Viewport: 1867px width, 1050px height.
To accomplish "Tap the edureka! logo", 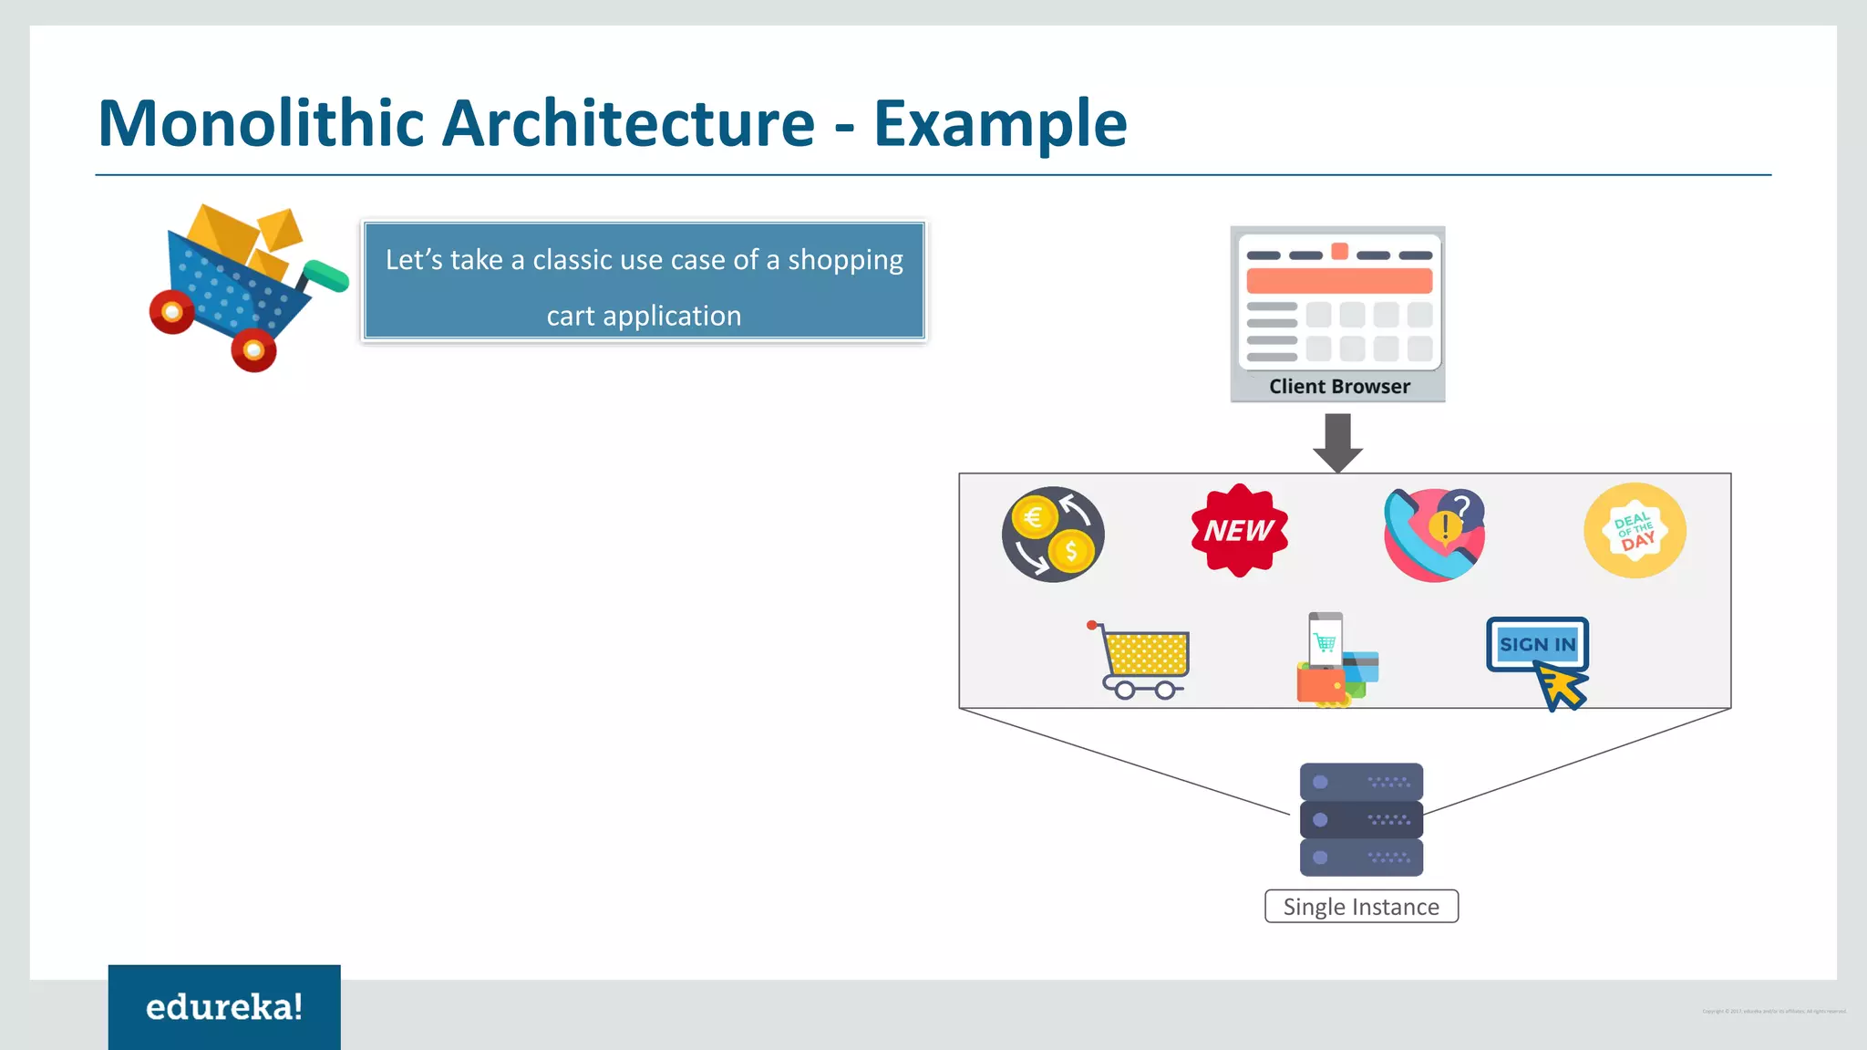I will click(224, 1006).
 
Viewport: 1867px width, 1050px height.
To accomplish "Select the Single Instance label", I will click(1361, 907).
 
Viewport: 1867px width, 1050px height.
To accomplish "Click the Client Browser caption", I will click(1339, 387).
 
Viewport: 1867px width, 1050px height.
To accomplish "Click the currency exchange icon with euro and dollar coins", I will click(1053, 535).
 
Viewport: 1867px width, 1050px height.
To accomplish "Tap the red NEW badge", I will click(1239, 530).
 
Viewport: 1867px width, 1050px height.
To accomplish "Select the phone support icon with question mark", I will click(1434, 535).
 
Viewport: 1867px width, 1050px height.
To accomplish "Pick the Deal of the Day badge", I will click(1635, 531).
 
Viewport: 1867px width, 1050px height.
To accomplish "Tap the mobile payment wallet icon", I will click(1336, 660).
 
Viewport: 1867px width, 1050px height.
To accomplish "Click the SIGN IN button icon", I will click(1537, 644).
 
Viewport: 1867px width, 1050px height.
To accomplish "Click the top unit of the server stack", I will click(1361, 782).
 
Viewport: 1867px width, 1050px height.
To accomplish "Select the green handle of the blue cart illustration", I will click(325, 275).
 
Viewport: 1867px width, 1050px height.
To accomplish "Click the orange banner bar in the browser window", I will click(1339, 281).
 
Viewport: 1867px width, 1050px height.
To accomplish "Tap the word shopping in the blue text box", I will click(845, 260).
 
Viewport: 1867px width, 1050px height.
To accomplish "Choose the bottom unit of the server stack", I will click(1361, 858).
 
